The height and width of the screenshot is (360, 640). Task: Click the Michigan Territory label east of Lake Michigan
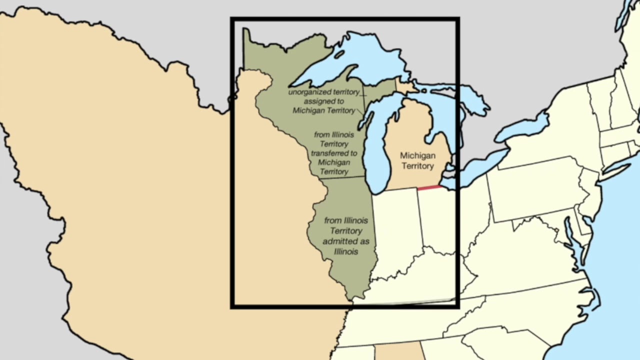(x=417, y=161)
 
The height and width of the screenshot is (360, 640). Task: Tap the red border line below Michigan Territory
(x=429, y=187)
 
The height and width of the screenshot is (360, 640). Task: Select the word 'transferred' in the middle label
(x=334, y=153)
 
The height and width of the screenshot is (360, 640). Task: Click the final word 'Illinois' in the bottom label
(x=346, y=251)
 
